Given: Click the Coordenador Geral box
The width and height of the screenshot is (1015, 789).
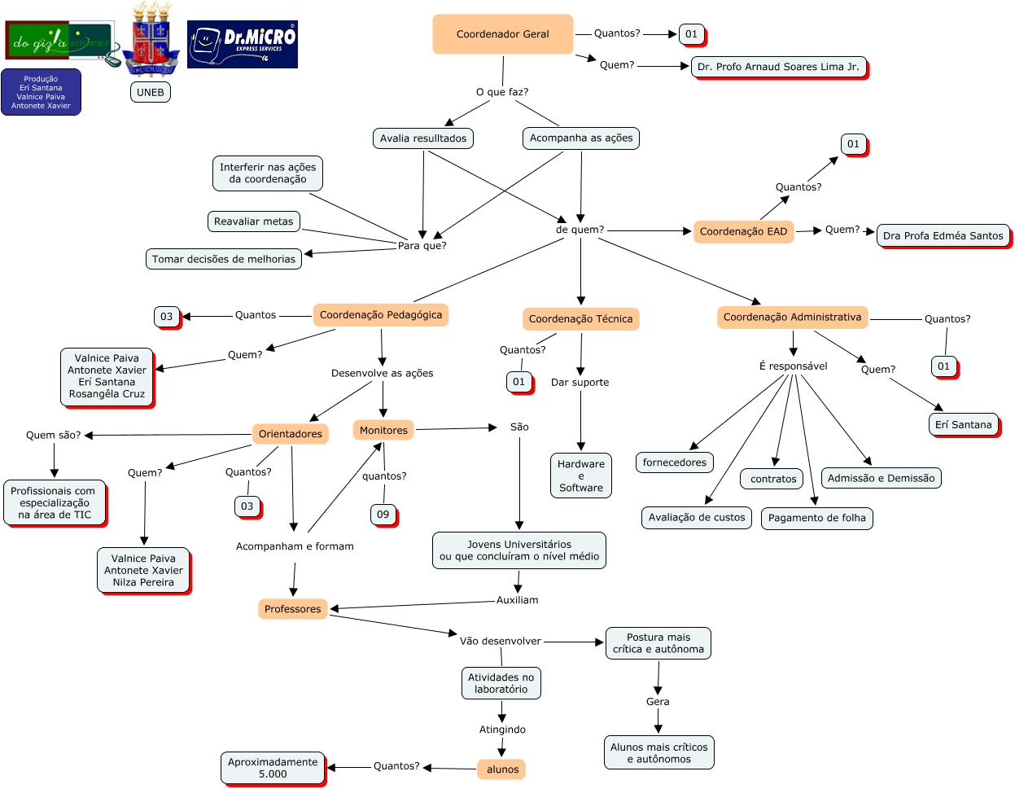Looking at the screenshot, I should click(502, 34).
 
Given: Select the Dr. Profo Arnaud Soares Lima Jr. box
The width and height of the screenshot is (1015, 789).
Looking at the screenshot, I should click(778, 67).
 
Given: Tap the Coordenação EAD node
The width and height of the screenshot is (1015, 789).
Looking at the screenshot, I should click(743, 231).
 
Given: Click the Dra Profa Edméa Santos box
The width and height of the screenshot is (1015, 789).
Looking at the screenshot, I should click(943, 236).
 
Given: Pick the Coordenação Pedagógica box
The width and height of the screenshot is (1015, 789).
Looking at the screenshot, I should click(380, 315).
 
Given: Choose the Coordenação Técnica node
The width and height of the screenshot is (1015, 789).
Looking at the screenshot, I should click(580, 319).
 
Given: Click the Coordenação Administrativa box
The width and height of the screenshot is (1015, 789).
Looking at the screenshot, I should click(792, 318).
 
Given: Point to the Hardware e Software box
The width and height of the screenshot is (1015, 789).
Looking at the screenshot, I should click(580, 476).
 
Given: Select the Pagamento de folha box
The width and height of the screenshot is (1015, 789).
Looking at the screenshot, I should click(816, 518).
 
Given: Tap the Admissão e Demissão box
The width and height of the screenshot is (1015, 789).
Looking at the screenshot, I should click(881, 478).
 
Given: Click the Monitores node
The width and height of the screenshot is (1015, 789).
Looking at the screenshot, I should click(383, 430).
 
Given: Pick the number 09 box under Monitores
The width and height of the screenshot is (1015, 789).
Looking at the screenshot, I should click(383, 515).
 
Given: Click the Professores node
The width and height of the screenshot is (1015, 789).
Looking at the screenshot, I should click(292, 609).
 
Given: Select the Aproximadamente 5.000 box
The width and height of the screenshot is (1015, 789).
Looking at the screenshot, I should click(273, 768).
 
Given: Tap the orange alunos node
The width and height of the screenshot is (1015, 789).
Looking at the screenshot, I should click(502, 769).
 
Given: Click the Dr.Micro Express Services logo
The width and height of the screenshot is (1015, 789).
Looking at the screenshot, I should click(243, 45).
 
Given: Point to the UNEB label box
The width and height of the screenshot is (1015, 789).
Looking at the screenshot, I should click(151, 92).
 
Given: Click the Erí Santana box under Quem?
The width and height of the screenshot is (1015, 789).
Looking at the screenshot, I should click(963, 425).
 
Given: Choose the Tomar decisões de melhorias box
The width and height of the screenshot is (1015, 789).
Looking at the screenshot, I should click(224, 259).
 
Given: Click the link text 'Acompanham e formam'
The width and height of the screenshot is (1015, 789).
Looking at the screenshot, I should click(295, 546).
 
